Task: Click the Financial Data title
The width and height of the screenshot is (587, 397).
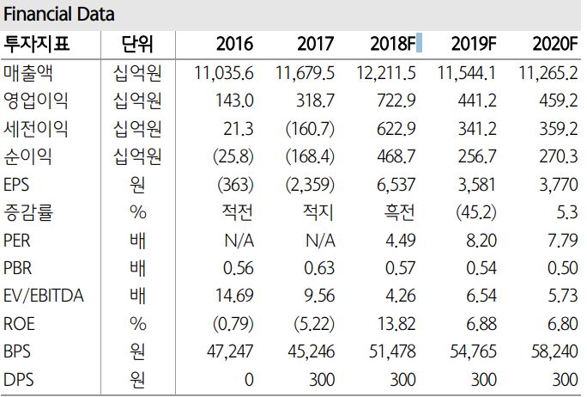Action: tap(59, 15)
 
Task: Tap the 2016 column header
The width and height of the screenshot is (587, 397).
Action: tap(235, 45)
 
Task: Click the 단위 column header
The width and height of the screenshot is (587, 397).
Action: tap(135, 45)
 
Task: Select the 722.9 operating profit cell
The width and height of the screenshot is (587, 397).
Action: tap(397, 101)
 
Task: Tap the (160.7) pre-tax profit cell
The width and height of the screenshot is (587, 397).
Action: tap(310, 129)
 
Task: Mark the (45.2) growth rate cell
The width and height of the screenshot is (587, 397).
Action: tap(475, 211)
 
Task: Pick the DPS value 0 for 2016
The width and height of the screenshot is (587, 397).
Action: tap(249, 378)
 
